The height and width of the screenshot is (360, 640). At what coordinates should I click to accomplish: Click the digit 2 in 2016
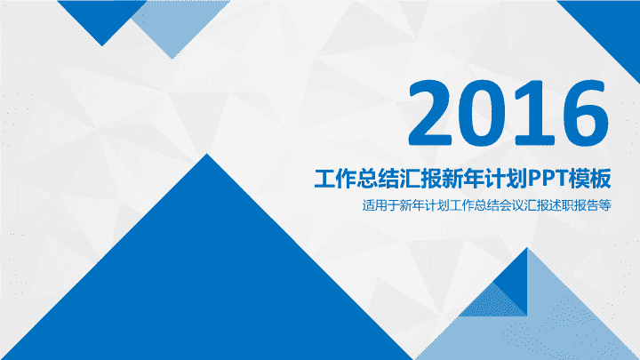(x=430, y=113)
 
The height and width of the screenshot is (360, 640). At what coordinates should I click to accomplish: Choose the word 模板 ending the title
(x=590, y=179)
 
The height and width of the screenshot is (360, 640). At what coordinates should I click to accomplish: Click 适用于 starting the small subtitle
(x=380, y=205)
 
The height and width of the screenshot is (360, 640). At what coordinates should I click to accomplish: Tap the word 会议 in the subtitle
(x=511, y=205)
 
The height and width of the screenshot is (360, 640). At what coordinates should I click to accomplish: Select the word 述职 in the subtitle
(x=562, y=205)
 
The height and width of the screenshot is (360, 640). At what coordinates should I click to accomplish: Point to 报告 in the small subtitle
(x=586, y=205)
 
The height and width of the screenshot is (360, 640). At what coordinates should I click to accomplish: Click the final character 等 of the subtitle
(x=605, y=205)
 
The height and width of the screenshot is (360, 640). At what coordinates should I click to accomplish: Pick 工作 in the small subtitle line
(x=461, y=205)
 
